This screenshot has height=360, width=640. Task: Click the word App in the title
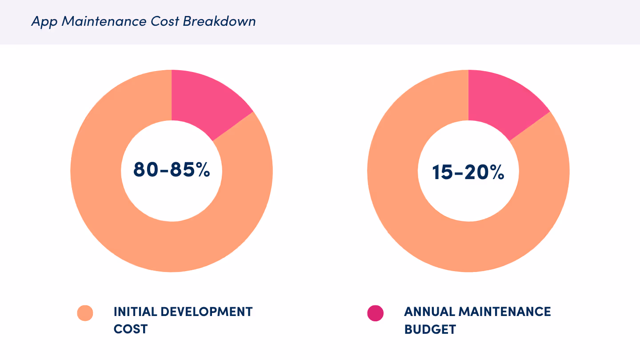coord(44,22)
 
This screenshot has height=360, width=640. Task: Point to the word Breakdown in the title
coord(219,21)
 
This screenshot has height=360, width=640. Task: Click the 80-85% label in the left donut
coord(172,170)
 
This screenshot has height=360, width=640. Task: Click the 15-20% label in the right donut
coord(468,172)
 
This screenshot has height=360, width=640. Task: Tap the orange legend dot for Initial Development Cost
coord(85,313)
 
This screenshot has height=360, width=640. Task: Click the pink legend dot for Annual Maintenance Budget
coord(375,313)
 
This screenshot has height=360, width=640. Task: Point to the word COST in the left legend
coord(130,329)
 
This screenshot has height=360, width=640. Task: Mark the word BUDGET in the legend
coord(430,329)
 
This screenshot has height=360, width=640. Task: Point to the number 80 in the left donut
coord(144,170)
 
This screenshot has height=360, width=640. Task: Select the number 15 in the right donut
coord(442,172)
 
